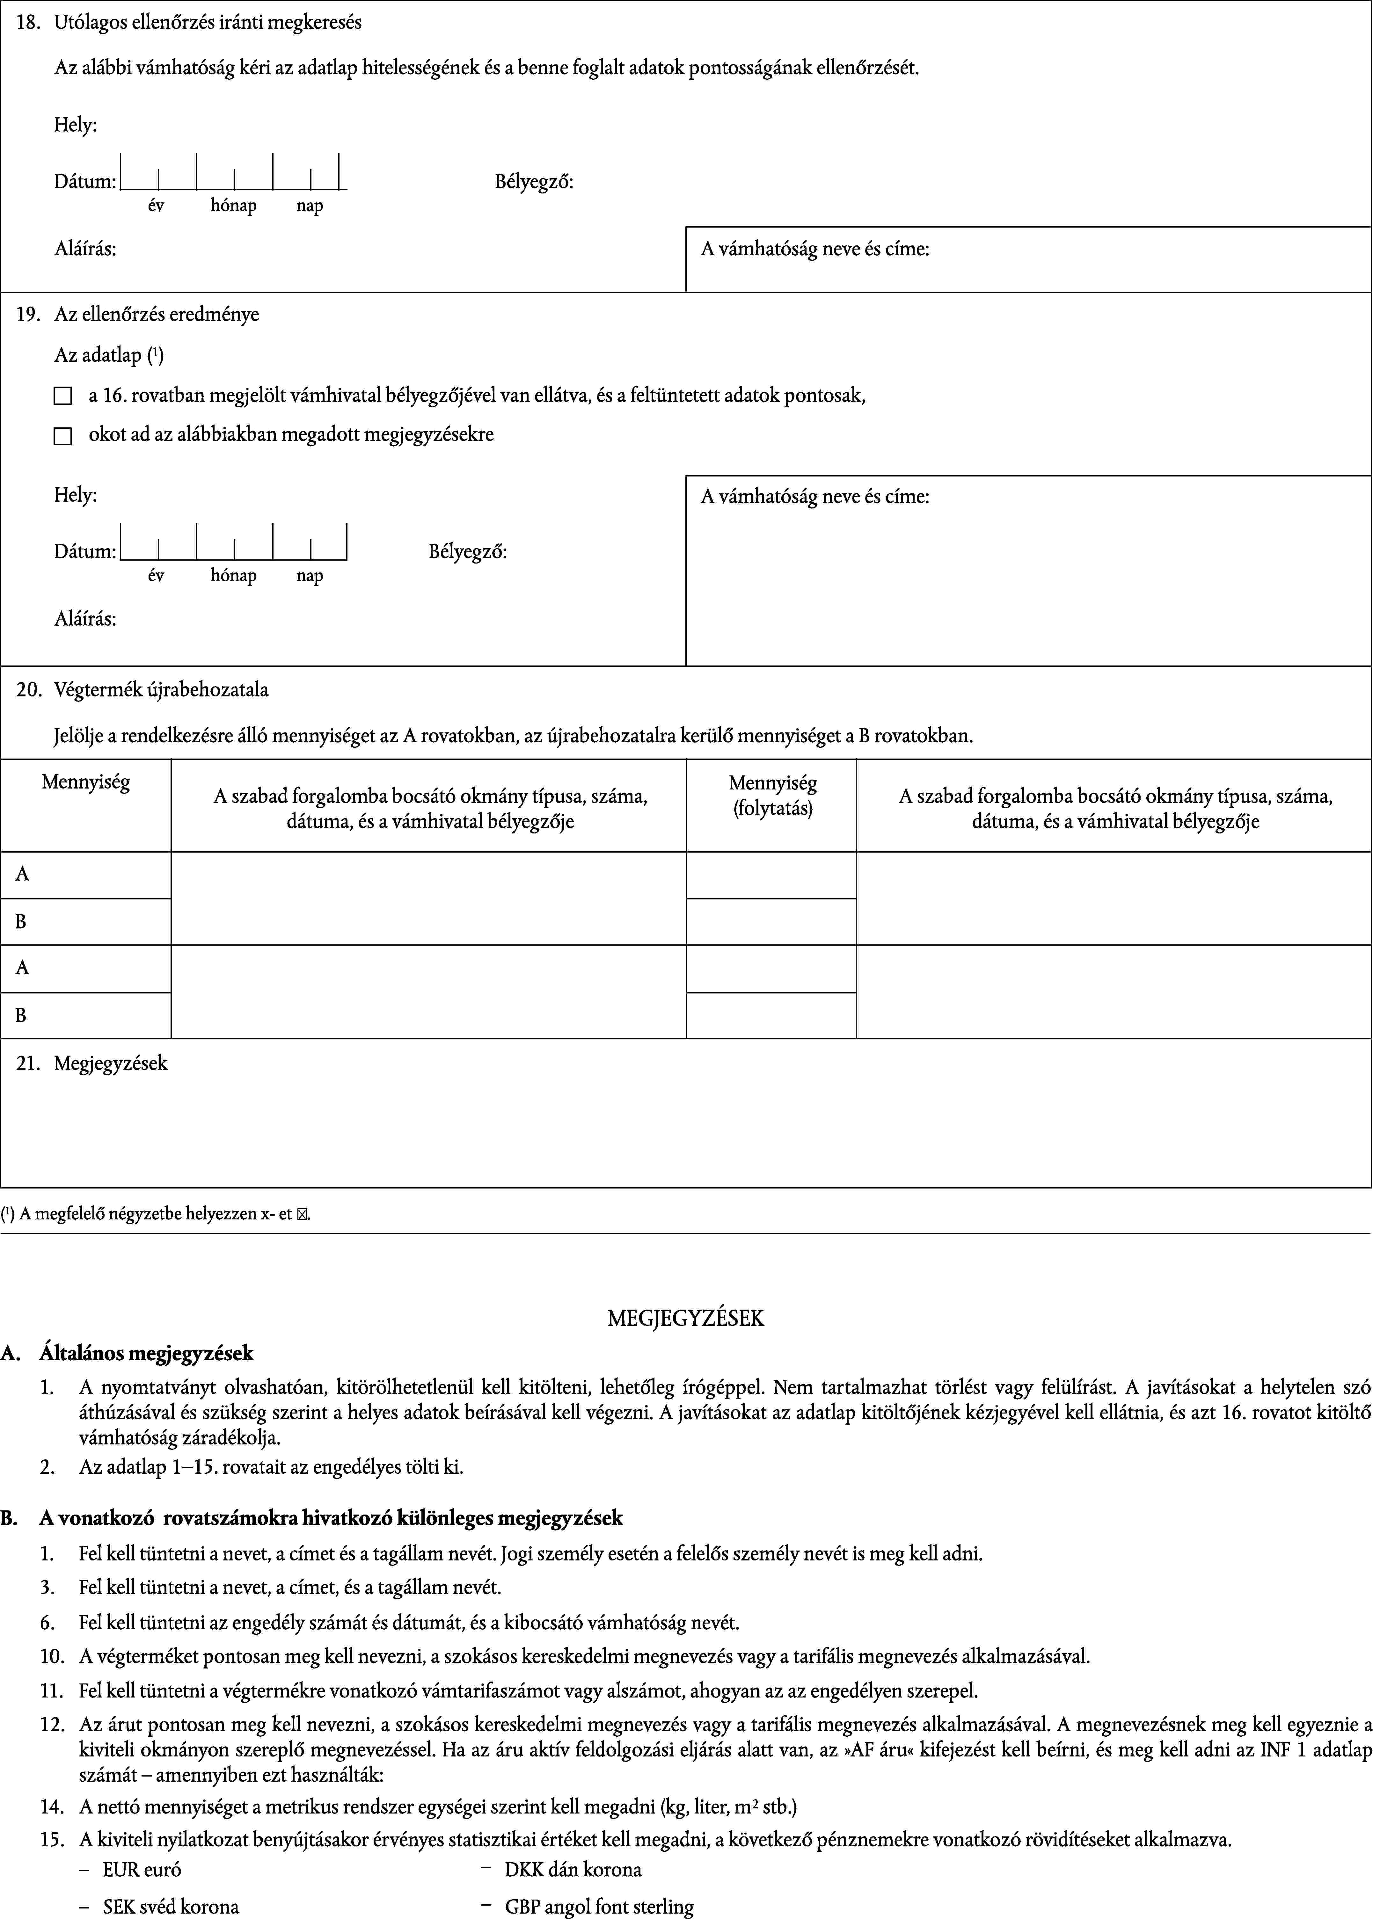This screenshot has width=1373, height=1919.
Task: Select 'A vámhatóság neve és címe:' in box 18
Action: tap(815, 249)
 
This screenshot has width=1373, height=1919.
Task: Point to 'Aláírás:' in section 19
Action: tap(85, 619)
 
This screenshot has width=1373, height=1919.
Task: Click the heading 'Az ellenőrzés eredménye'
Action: tap(157, 315)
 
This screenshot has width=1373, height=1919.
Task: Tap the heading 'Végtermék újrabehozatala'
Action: tap(161, 690)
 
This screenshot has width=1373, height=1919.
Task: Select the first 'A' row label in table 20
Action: tap(23, 874)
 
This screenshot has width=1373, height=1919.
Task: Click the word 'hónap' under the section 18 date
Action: tap(233, 206)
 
